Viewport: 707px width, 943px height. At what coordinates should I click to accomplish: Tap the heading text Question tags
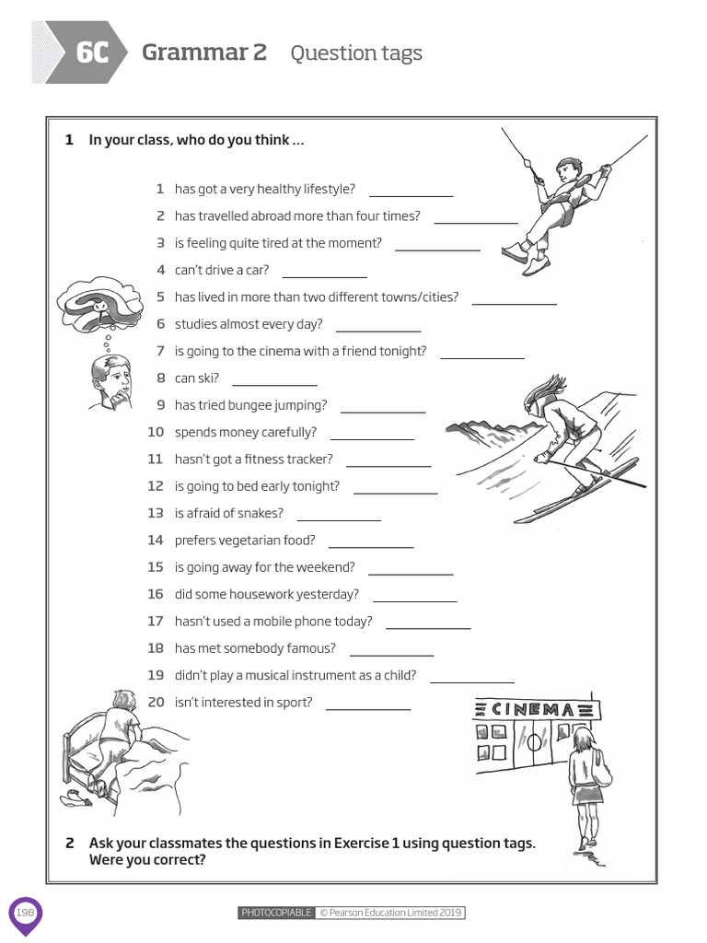point(356,53)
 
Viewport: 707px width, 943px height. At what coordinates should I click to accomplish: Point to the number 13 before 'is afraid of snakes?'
point(156,513)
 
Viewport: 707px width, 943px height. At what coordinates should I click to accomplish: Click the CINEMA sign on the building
point(536,709)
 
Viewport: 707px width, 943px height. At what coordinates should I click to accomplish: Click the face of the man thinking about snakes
point(112,380)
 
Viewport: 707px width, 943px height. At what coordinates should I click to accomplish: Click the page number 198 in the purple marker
point(25,913)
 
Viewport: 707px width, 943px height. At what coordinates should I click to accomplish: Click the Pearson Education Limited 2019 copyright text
point(390,913)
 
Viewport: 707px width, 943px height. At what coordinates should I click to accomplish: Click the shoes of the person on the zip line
point(525,258)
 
